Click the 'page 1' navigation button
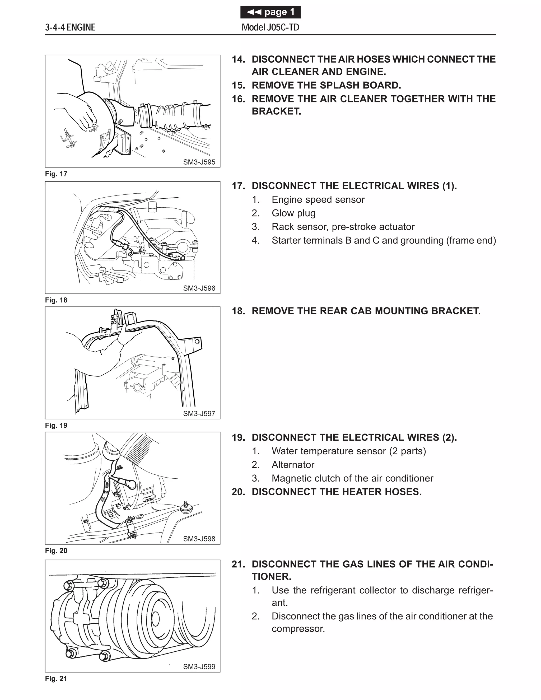270,12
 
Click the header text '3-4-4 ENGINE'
70,27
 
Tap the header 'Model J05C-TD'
270,27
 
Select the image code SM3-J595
199,162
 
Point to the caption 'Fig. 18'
56,300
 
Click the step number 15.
238,85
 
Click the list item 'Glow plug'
293,213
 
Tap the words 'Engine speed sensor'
318,200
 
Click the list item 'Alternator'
293,465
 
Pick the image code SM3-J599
199,667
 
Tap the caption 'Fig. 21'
56,679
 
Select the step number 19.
238,437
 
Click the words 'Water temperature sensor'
329,451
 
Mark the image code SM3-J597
199,413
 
